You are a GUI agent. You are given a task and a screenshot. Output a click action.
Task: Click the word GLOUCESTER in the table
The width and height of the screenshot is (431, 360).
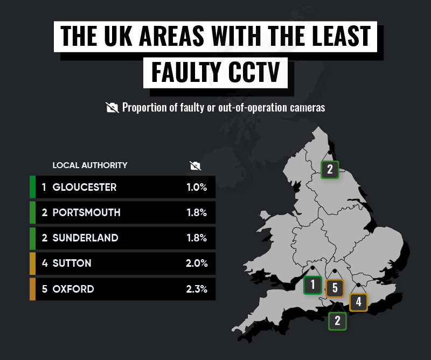(x=84, y=188)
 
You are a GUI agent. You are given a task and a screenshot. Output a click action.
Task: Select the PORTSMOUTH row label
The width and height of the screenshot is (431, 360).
(x=86, y=213)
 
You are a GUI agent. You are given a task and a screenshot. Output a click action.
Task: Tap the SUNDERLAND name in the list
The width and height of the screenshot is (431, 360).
(x=86, y=238)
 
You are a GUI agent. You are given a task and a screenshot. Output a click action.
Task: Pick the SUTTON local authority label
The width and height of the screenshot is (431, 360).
(x=72, y=264)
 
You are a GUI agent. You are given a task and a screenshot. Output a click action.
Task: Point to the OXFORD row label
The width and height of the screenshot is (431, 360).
(x=73, y=289)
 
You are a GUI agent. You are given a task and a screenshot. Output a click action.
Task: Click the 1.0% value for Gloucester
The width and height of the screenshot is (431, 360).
(x=196, y=188)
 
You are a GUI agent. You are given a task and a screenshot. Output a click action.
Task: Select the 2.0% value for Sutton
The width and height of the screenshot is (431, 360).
(x=196, y=264)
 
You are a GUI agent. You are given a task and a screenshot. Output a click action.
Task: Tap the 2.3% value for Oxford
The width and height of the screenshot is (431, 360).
(x=196, y=289)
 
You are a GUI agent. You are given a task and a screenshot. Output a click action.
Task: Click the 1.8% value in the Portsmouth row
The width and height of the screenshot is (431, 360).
(x=196, y=213)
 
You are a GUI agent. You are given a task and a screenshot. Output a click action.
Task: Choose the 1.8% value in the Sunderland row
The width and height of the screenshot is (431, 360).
(x=196, y=238)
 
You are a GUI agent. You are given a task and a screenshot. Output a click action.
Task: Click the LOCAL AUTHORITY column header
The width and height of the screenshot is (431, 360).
(x=90, y=165)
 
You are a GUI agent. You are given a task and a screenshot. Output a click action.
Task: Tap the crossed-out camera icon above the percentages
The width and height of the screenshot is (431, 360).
(x=196, y=165)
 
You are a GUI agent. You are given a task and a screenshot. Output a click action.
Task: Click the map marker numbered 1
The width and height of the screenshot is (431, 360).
(x=312, y=285)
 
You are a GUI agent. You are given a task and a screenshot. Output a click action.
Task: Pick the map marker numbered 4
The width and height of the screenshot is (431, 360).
(x=358, y=302)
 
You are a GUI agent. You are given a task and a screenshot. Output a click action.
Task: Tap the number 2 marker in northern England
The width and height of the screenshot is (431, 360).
(x=330, y=170)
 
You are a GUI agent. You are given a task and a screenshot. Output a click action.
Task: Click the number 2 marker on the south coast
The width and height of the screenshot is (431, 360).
(x=338, y=321)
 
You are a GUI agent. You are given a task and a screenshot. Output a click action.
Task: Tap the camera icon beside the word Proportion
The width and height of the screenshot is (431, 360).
(x=112, y=107)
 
